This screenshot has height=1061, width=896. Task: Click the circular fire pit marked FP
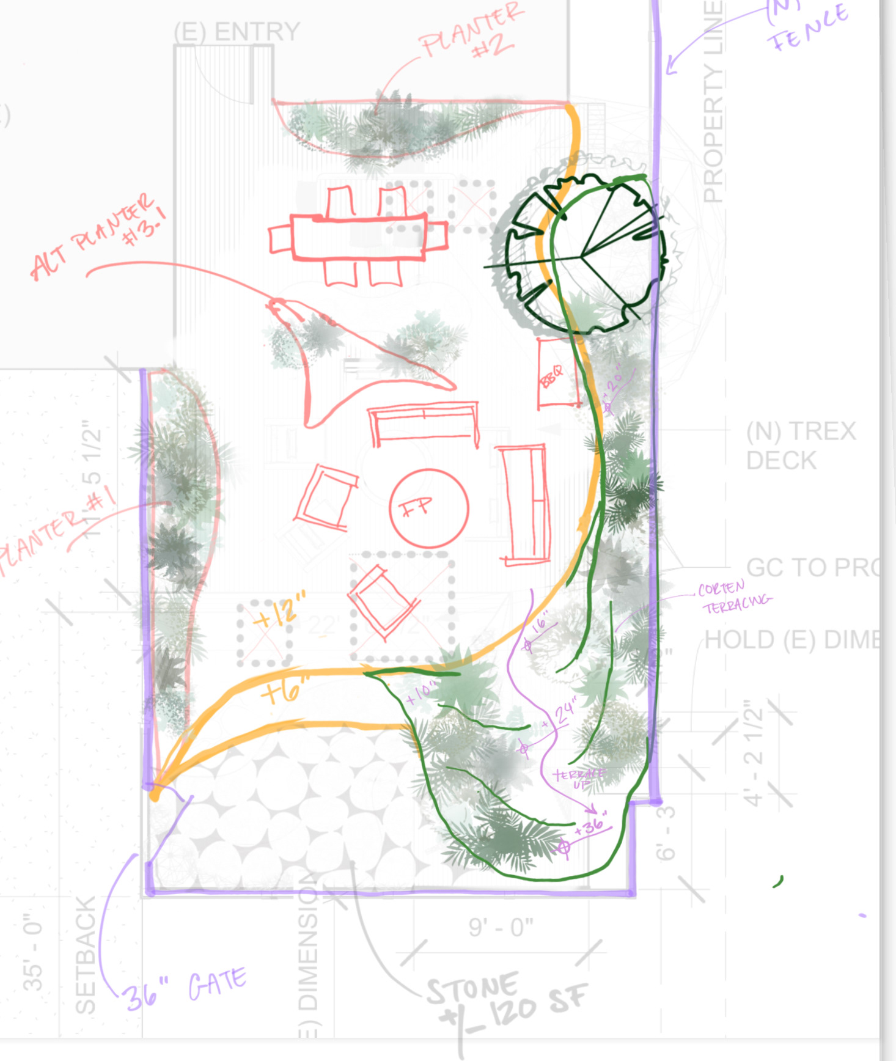coord(428,507)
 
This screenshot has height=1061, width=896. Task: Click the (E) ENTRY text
coord(237,32)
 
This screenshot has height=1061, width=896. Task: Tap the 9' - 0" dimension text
coord(501,927)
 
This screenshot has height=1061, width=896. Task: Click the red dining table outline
coord(358,237)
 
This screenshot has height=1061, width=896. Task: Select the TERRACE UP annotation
coord(578,778)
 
